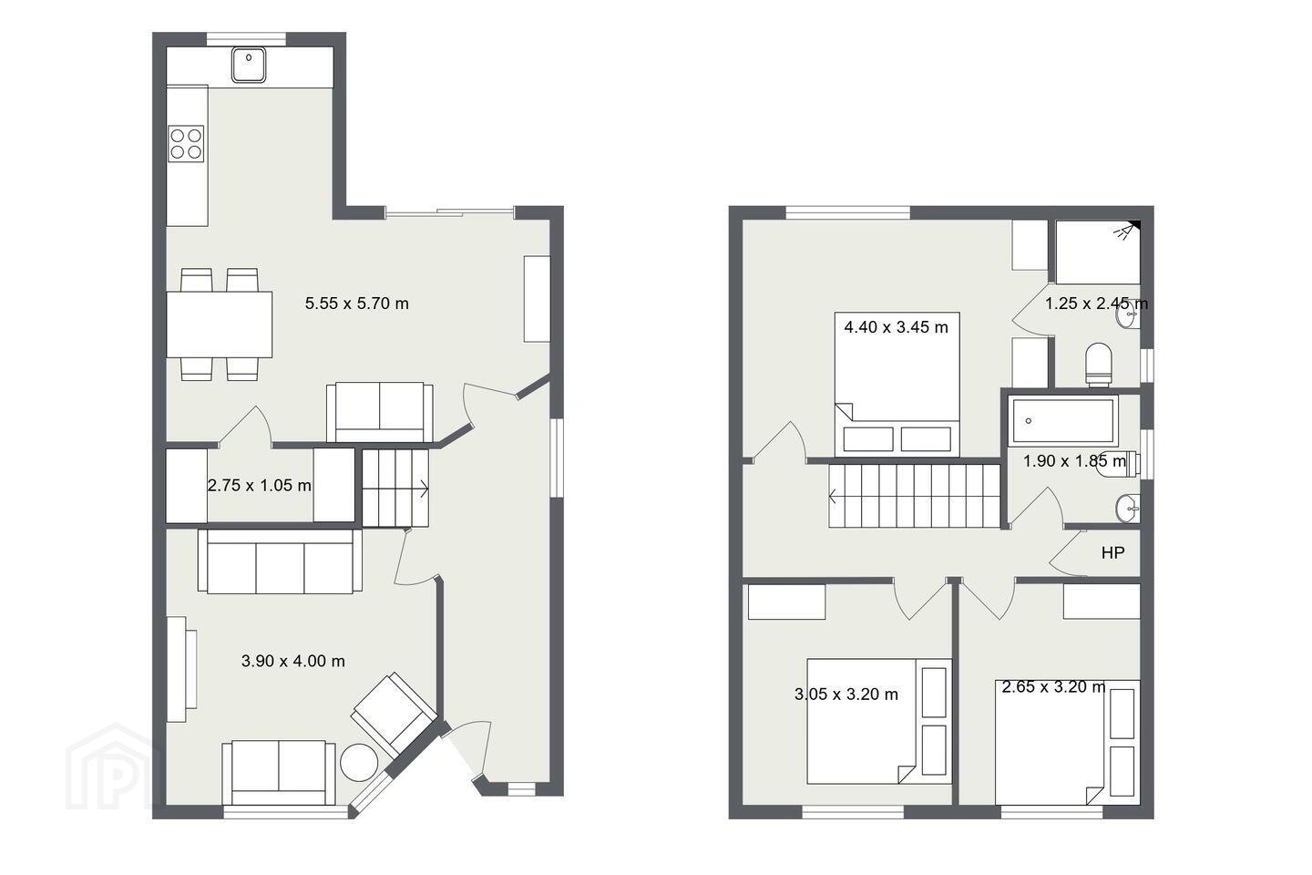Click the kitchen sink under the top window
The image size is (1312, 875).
point(249,65)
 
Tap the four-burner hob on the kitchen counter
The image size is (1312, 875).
point(186,144)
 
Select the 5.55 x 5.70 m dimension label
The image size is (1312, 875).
point(357,304)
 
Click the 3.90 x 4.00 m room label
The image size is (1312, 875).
point(292,661)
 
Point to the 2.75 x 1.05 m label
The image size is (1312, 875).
point(260,485)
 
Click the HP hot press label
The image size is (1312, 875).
point(1112,552)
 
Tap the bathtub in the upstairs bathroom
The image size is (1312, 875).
point(1063,420)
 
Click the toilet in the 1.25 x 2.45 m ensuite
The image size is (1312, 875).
point(1098,365)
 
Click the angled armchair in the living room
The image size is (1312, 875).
point(395,714)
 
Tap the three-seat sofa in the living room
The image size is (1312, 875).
point(280,561)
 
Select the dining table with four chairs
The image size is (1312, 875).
point(220,324)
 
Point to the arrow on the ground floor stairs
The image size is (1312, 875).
point(422,488)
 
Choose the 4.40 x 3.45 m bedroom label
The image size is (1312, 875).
point(897,327)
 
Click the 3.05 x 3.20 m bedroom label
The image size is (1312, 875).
point(846,695)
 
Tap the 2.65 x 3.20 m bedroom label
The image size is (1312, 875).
point(1053,686)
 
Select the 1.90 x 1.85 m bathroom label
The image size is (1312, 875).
point(1075,461)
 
